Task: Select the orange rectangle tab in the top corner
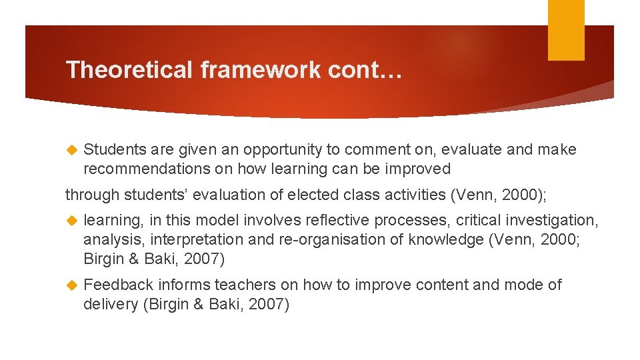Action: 566,30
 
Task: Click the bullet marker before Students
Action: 72,150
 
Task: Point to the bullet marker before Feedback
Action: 72,285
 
